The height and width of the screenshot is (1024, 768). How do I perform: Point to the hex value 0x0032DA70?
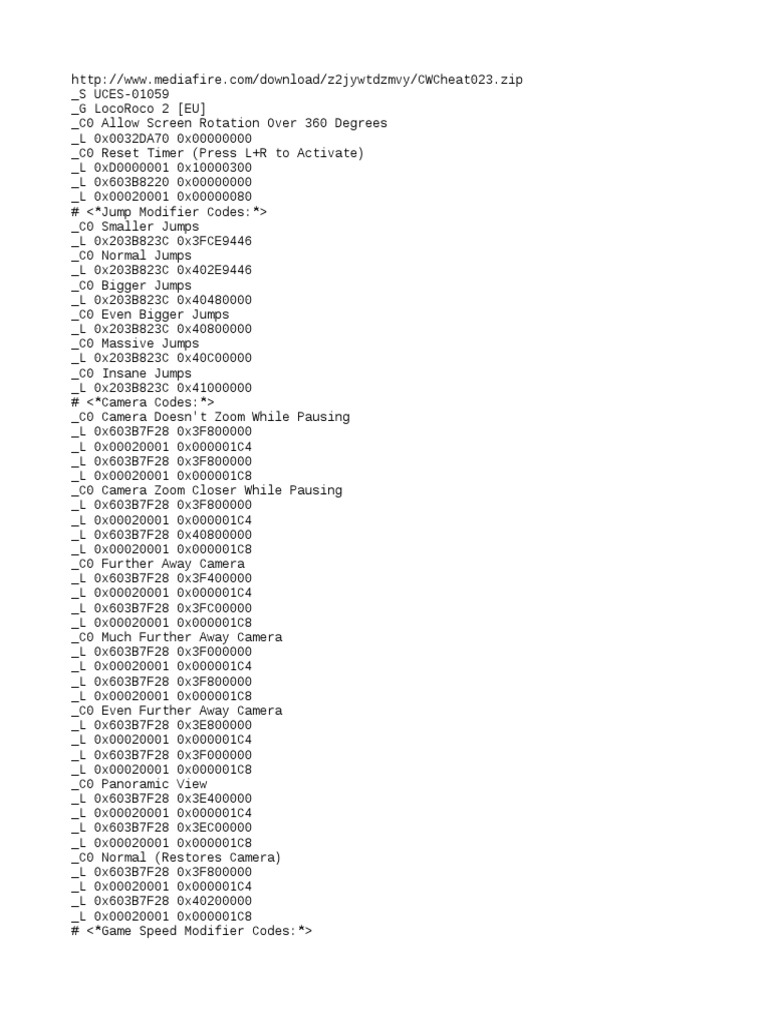pos(131,138)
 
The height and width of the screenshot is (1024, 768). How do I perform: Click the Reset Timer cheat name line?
pos(218,153)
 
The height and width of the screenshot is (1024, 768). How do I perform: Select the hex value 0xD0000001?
pos(131,167)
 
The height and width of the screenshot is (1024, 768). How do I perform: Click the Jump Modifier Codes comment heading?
pos(169,212)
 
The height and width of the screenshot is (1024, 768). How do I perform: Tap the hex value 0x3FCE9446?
pos(214,241)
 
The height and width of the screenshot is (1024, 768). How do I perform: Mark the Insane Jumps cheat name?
pos(146,373)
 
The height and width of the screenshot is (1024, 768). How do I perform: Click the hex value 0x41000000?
pos(214,388)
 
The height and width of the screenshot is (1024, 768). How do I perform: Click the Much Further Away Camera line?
pos(177,637)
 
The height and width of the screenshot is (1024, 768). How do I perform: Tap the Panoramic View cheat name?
pos(154,784)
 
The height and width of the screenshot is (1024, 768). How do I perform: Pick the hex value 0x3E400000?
pos(214,799)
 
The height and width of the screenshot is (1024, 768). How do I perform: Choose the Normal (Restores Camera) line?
pos(177,858)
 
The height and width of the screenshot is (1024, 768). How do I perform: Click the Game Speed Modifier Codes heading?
pos(192,931)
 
